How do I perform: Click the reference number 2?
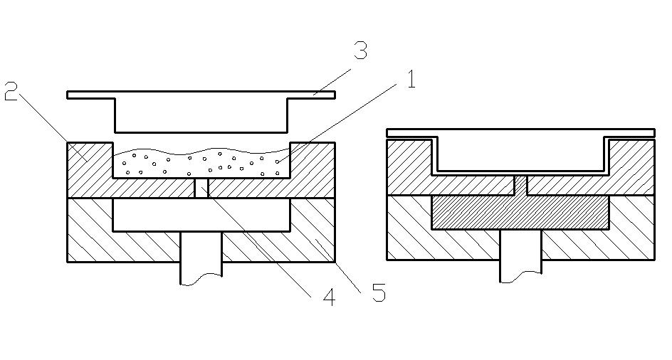click(11, 92)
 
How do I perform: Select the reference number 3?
click(361, 51)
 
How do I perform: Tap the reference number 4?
click(328, 297)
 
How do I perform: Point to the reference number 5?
click(379, 292)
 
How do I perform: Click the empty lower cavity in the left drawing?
click(201, 215)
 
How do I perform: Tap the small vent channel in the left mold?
click(201, 188)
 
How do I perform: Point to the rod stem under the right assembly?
click(520, 256)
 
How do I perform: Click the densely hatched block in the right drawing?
click(520, 212)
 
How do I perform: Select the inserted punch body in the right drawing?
click(520, 153)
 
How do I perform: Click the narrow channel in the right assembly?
click(520, 184)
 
